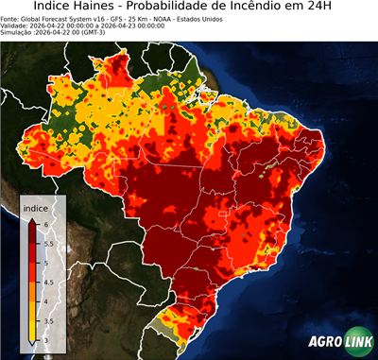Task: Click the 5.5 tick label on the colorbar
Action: pos(48,242)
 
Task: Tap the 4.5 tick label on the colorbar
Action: pos(48,281)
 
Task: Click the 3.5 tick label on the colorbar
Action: pos(48,320)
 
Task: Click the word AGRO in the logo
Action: pos(324,343)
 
